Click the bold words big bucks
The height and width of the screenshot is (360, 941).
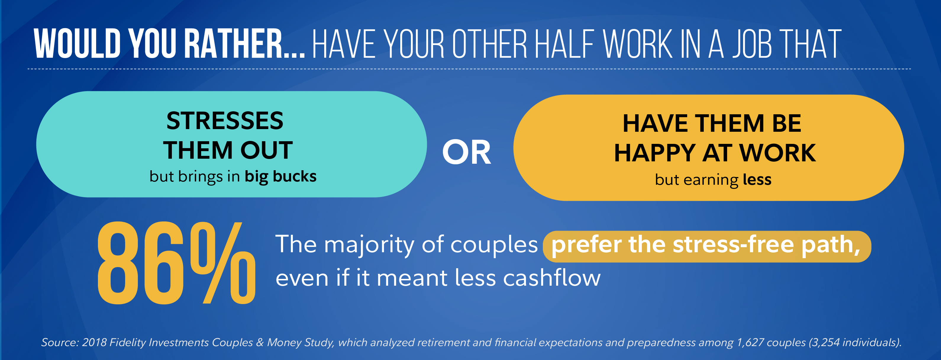(x=280, y=176)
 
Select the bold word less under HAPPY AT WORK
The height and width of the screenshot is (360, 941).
(x=757, y=179)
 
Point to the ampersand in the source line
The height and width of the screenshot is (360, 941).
(x=260, y=343)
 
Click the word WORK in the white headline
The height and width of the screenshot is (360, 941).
(x=637, y=44)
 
